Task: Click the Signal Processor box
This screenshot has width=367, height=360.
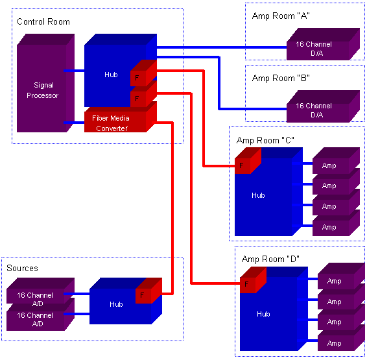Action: pos(45,83)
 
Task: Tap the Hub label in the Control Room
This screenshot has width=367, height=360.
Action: pos(111,75)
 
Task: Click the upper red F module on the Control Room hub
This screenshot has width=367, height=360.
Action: pos(143,73)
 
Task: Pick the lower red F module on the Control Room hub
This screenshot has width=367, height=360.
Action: pos(143,94)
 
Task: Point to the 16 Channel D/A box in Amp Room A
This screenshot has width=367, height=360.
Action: pos(323,44)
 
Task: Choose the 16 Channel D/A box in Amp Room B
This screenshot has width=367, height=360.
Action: pos(323,106)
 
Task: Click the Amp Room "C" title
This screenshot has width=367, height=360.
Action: pos(265,141)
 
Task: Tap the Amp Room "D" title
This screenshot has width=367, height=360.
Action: pos(270,259)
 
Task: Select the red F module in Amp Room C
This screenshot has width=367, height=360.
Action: pos(248,161)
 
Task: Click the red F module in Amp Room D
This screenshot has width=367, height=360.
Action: pos(253,280)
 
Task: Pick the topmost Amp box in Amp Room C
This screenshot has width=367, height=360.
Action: pos(336,161)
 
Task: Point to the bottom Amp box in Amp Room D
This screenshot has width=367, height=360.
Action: pos(341,341)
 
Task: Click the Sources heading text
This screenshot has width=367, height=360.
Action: pos(22,269)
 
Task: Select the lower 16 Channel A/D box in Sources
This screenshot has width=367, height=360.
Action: pos(40,314)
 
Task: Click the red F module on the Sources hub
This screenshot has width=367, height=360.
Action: pos(149,291)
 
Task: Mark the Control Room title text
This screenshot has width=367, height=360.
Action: pos(43,22)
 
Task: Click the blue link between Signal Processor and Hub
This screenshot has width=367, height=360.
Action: pos(74,71)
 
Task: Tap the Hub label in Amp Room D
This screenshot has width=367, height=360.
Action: pos(263,314)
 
